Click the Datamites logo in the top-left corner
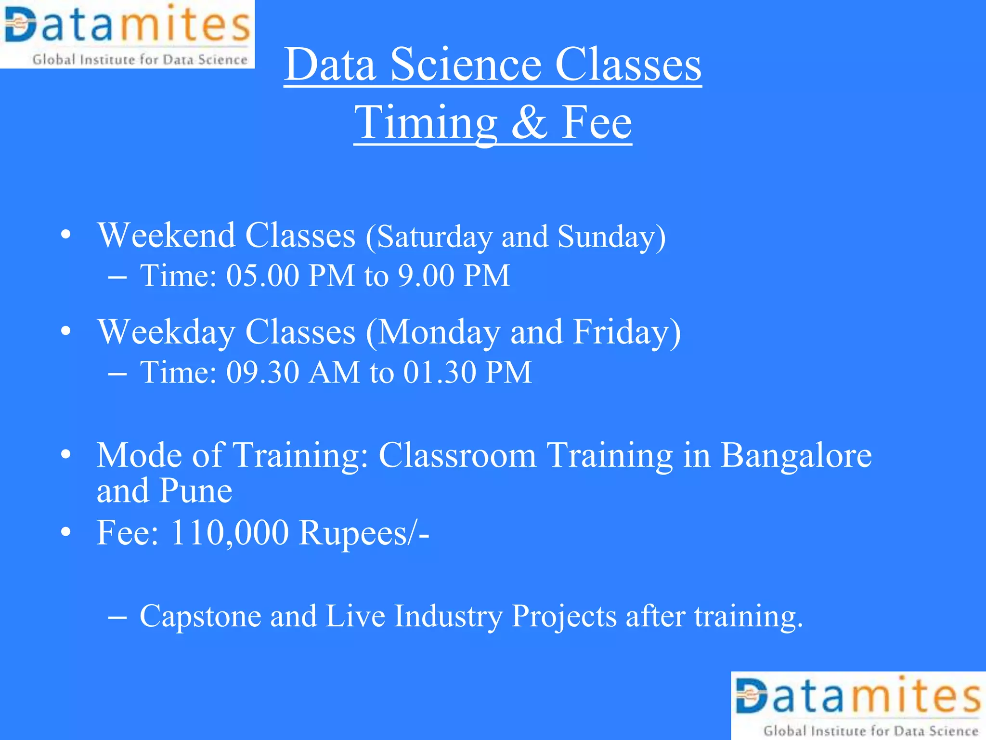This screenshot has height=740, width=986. click(127, 34)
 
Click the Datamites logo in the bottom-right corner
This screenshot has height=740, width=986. click(858, 706)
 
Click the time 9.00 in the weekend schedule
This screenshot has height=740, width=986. click(426, 276)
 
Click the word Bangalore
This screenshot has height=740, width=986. click(795, 455)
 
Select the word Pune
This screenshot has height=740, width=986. click(195, 491)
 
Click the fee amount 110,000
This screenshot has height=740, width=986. click(229, 533)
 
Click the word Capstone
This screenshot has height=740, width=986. click(200, 617)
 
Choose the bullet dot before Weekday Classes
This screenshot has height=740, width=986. click(66, 331)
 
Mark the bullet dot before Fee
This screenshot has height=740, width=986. click(66, 532)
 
